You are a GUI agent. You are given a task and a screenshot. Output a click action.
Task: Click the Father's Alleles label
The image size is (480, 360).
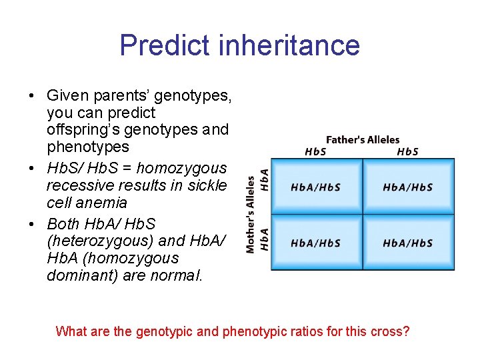pos(363,140)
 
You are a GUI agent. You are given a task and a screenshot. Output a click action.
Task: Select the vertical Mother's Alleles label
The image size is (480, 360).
pos(251,214)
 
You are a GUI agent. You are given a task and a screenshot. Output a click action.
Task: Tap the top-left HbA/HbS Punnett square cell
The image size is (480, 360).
pos(316,187)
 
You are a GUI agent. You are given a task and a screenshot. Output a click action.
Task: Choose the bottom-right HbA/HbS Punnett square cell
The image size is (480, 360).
pos(408,243)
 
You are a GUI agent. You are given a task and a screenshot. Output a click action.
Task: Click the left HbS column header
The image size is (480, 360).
pos(316,151)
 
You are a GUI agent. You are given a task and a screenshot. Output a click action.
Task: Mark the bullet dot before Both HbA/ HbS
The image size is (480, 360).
pos(32,224)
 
